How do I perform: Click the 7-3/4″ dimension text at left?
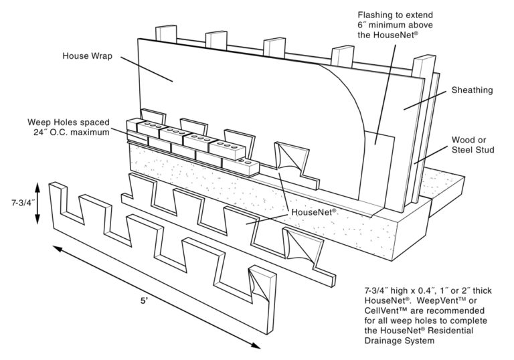coord(15,201)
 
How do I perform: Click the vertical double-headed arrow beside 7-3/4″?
coord(38,201)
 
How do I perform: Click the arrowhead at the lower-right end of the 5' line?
coord(257,345)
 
